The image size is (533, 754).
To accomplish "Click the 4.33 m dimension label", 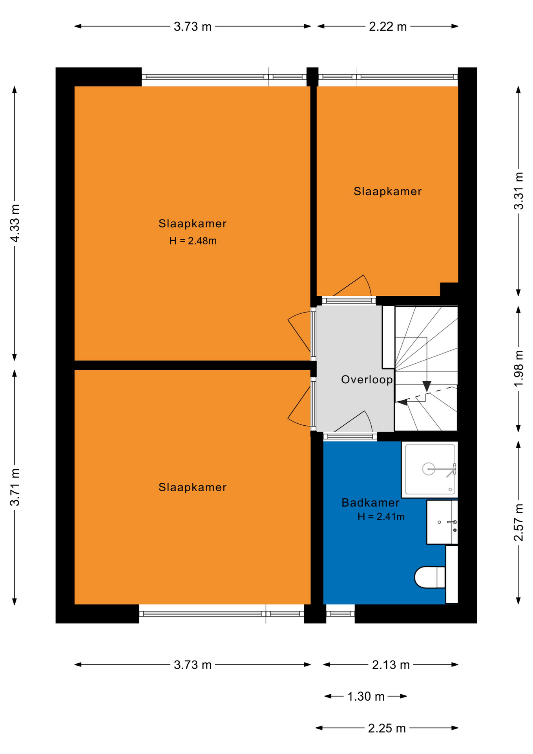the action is tap(15, 223).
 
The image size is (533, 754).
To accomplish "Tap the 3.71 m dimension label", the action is tap(15, 487).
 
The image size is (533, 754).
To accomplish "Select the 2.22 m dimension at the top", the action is tap(387, 27).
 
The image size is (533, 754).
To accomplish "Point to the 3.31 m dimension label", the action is tap(518, 191).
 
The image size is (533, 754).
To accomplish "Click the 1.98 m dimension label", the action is tap(518, 368).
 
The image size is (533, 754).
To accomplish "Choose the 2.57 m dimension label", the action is tap(518, 522).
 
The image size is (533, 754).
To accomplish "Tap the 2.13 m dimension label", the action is tap(391, 665).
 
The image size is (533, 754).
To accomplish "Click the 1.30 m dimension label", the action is tap(366, 696).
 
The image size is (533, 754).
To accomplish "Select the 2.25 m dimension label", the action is tap(387, 728).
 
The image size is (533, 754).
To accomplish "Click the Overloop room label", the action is tap(367, 380).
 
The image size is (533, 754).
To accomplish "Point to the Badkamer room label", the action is tap(371, 503).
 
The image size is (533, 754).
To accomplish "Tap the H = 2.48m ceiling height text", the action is tap(193, 241).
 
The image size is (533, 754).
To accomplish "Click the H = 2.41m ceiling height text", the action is tap(381, 517).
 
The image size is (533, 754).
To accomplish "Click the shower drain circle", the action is tap(428, 469).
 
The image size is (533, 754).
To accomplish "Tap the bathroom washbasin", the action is tap(442, 522).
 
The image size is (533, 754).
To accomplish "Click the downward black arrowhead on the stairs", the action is tap(427, 386).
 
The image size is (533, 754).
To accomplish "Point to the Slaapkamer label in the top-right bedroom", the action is tap(387, 192).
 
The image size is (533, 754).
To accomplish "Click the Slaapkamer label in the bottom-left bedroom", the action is tap(192, 487).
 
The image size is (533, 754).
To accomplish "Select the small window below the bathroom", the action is tap(340, 614).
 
